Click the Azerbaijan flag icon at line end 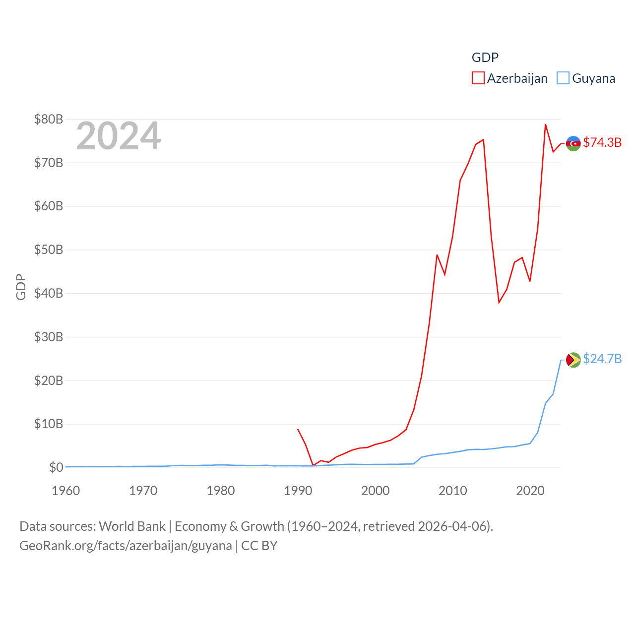tap(573, 143)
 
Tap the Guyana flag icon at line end tap(573, 360)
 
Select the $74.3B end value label tap(602, 142)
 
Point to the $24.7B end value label tap(602, 359)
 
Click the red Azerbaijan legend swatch tap(478, 78)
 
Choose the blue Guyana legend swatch tap(563, 78)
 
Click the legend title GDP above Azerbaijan tap(485, 58)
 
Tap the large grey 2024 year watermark tap(118, 136)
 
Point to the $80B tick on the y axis tap(49, 119)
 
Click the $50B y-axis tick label tap(49, 250)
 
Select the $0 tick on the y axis tap(56, 467)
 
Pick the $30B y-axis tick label tap(49, 337)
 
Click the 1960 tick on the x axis tap(66, 491)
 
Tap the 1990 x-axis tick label tap(298, 491)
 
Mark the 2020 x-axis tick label tap(530, 491)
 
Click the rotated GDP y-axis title tap(21, 287)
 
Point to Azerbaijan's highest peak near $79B tap(545, 125)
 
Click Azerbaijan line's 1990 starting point tap(298, 429)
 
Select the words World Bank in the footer tap(132, 526)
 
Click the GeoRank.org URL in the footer tap(126, 546)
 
